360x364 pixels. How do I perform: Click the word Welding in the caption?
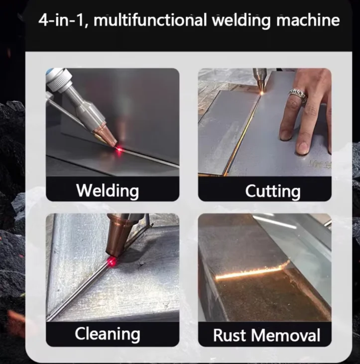(108, 190)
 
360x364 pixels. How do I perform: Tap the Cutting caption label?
(272, 190)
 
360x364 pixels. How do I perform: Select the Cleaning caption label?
(107, 334)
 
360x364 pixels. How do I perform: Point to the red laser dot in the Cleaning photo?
(112, 261)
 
